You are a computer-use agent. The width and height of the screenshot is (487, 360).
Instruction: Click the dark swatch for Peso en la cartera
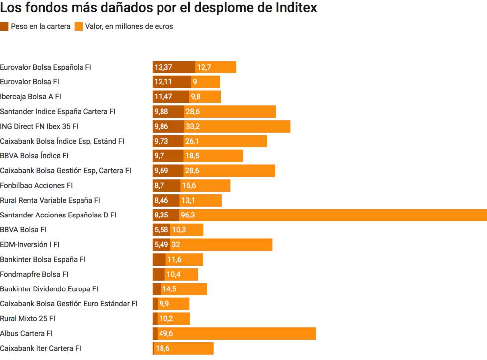[4, 27]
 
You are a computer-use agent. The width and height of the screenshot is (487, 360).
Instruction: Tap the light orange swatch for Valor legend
[79, 27]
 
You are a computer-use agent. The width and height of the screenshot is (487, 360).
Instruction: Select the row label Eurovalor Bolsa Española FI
[46, 67]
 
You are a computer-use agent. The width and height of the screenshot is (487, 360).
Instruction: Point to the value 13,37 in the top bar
[163, 67]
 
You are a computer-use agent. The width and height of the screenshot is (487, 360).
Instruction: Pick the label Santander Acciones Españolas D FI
[58, 215]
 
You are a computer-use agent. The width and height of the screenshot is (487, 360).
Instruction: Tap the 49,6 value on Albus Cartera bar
[166, 333]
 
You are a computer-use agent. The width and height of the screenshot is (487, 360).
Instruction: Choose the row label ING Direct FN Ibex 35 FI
[39, 126]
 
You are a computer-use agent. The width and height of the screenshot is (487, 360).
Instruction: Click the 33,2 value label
[193, 126]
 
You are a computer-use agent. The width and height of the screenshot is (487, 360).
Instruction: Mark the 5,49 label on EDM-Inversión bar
[161, 245]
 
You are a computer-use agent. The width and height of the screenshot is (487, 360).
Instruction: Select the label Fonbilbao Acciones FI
[36, 185]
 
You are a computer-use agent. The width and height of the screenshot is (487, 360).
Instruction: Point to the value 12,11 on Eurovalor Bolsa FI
[163, 82]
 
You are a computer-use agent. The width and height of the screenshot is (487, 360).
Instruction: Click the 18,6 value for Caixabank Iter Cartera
[162, 348]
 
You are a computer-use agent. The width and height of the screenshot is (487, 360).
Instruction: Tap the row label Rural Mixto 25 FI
[28, 318]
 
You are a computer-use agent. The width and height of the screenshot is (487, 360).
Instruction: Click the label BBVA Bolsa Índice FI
[34, 156]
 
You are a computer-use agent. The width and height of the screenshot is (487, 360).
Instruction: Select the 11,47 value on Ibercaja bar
[163, 97]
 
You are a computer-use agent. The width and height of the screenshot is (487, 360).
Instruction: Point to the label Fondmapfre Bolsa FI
[34, 274]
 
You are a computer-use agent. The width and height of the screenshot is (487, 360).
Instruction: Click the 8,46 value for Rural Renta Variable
[161, 200]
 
